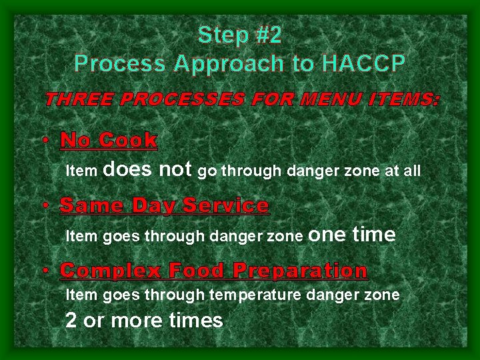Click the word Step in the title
coord(223,35)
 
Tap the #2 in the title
coord(269,35)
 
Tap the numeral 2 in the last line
coord(71,321)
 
